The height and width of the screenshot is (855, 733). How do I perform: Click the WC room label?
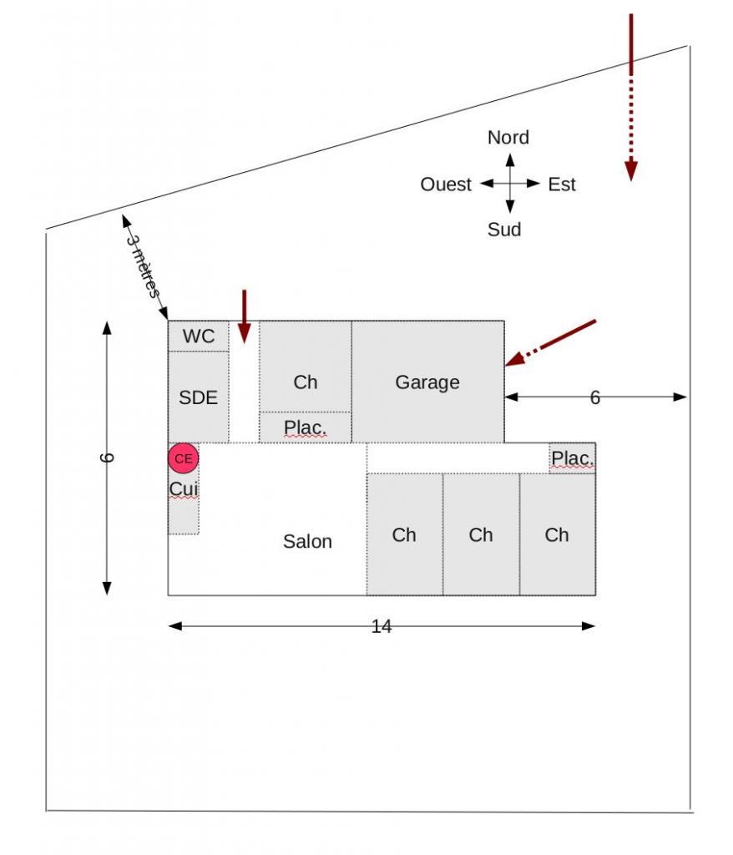pyautogui.click(x=199, y=336)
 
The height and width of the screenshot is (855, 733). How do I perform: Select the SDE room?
pyautogui.click(x=198, y=397)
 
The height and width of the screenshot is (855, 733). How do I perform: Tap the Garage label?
pyautogui.click(x=427, y=382)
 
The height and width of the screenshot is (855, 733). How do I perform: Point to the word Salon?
pyautogui.click(x=307, y=541)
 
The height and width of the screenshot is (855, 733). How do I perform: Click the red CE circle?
pyautogui.click(x=184, y=458)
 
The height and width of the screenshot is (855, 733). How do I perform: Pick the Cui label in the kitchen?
pyautogui.click(x=184, y=488)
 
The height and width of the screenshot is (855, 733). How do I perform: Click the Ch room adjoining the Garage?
pyautogui.click(x=306, y=382)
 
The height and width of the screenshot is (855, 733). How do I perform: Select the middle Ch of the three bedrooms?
pyautogui.click(x=481, y=535)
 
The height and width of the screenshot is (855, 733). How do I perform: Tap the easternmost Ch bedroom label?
pyautogui.click(x=557, y=535)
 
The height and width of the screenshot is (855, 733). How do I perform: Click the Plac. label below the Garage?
pyautogui.click(x=573, y=458)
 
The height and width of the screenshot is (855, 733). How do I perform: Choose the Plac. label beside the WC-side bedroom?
pyautogui.click(x=306, y=427)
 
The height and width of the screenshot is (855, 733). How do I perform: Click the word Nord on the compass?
pyautogui.click(x=508, y=137)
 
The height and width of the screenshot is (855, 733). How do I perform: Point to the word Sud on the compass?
pyautogui.click(x=504, y=229)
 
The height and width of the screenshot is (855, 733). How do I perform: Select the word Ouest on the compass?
pyautogui.click(x=446, y=185)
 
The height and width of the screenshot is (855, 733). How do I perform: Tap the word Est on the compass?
pyautogui.click(x=562, y=185)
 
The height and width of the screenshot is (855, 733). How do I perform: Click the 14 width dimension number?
pyautogui.click(x=382, y=626)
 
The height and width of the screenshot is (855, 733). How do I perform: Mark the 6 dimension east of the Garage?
pyautogui.click(x=595, y=398)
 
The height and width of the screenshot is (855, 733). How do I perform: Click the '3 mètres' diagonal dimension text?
pyautogui.click(x=143, y=264)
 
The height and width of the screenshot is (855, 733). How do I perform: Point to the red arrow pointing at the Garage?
pyautogui.click(x=551, y=342)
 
